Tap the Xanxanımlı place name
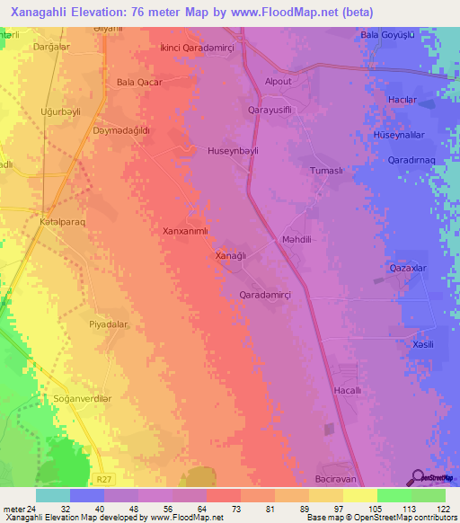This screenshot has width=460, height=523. coord(185,230)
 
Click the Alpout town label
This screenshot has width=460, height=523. coord(278,81)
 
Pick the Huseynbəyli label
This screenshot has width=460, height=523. coord(233,151)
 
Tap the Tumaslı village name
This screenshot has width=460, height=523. coord(327,171)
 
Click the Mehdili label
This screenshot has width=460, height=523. coord(296,240)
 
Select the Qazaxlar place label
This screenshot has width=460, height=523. coord(408,269)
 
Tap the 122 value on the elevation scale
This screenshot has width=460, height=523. coord(438,509)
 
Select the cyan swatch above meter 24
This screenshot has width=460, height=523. coord(53,495)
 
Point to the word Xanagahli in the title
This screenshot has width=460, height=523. coord(49,13)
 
